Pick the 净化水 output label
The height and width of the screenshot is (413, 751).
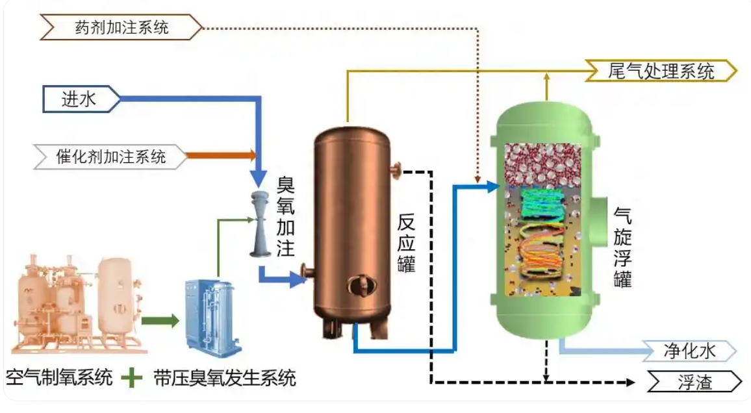(689, 351)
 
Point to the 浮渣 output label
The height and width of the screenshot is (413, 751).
(694, 382)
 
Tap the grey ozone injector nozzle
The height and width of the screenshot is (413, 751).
(261, 224)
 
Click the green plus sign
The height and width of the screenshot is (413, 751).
(133, 377)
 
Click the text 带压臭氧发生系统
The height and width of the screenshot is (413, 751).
(225, 377)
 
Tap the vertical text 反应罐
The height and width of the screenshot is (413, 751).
(406, 244)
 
